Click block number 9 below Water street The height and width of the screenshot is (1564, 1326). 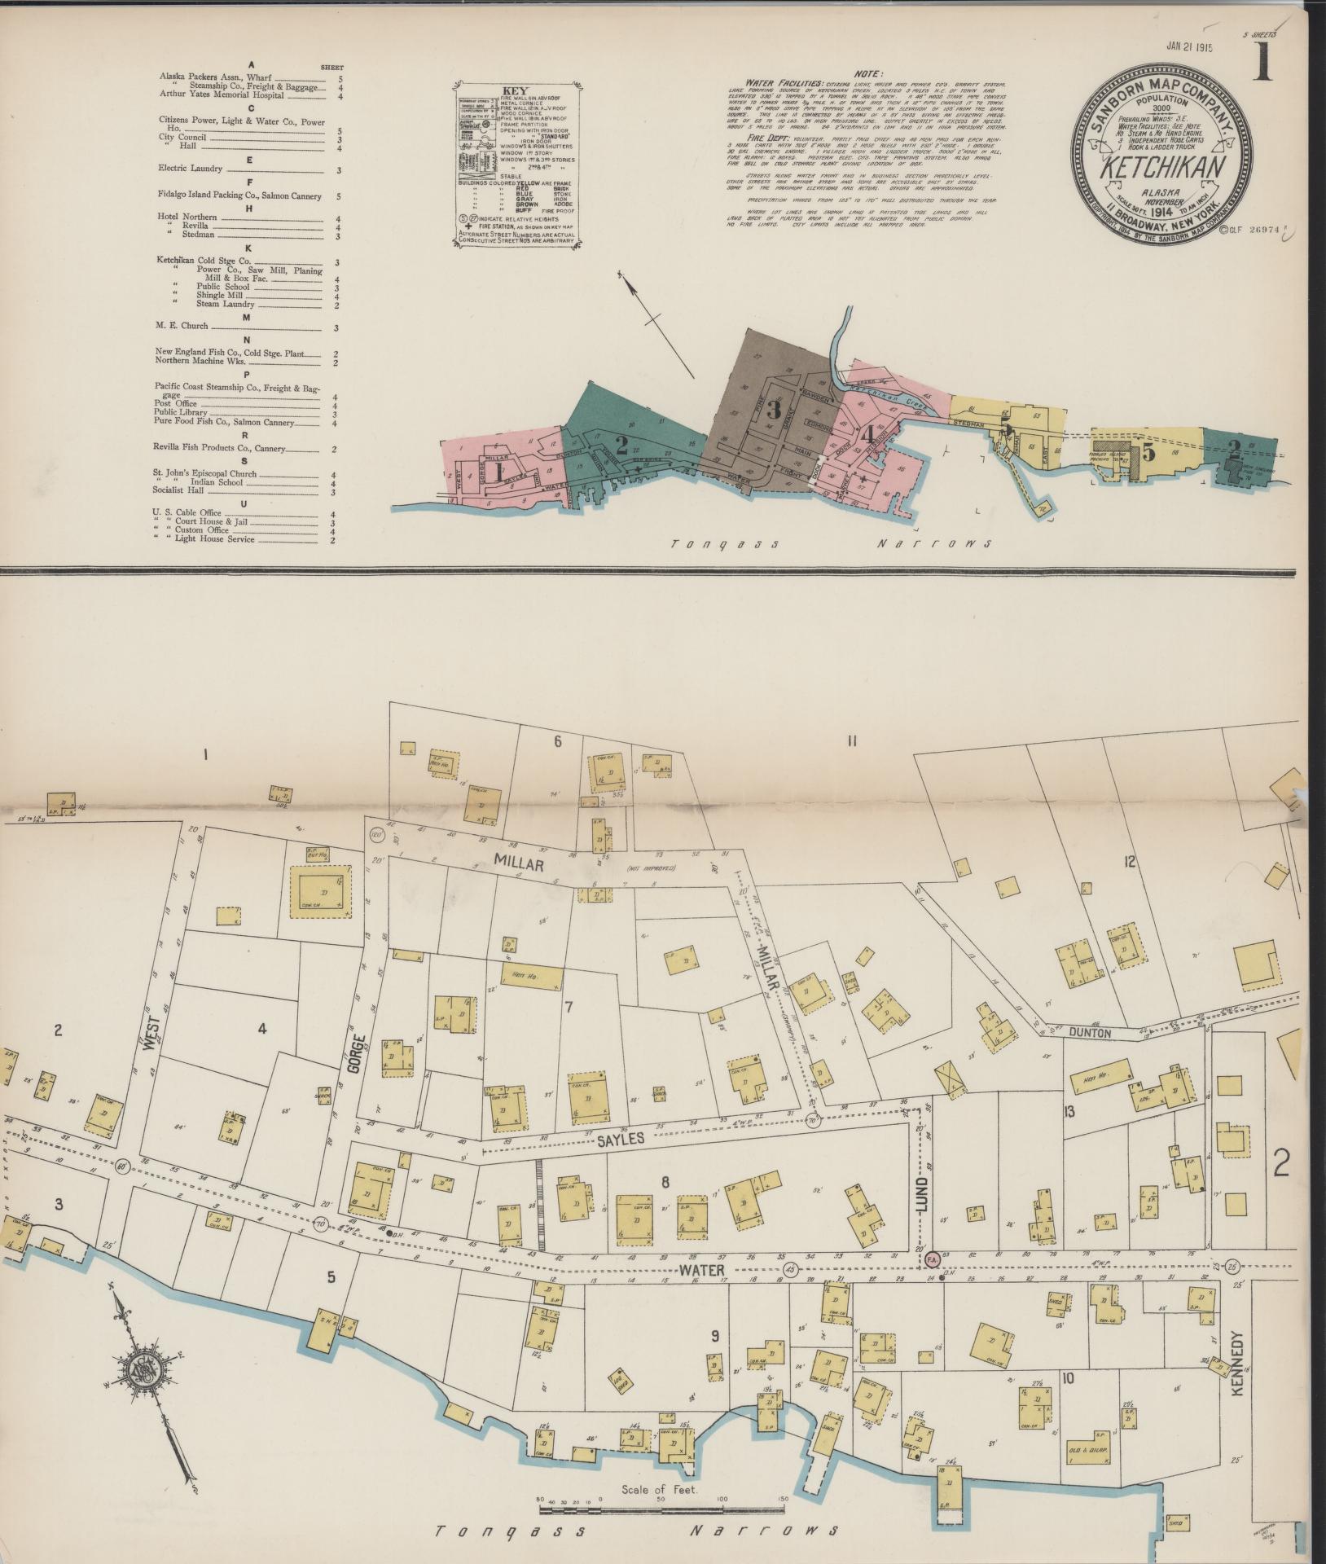pos(714,1335)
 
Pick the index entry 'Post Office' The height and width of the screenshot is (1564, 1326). pos(177,403)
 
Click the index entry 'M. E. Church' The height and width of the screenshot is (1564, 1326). pos(182,326)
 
